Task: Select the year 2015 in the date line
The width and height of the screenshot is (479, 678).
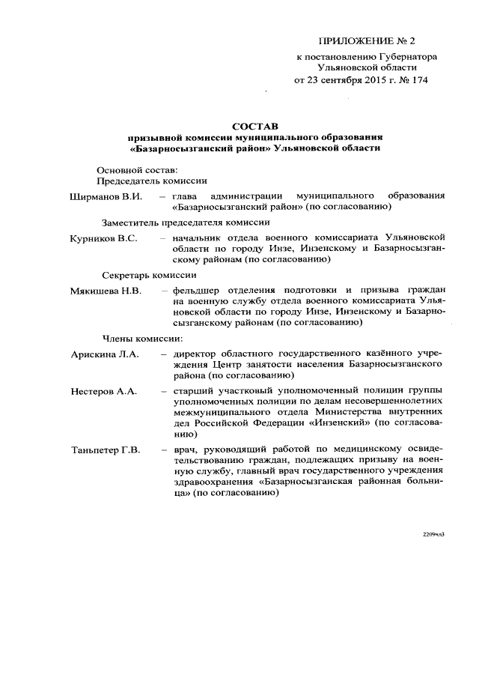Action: (x=359, y=80)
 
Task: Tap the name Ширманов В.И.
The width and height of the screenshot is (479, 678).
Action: (x=106, y=196)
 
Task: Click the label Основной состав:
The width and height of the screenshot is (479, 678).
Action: (x=137, y=169)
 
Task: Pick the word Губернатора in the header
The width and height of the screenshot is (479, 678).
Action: (x=406, y=56)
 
